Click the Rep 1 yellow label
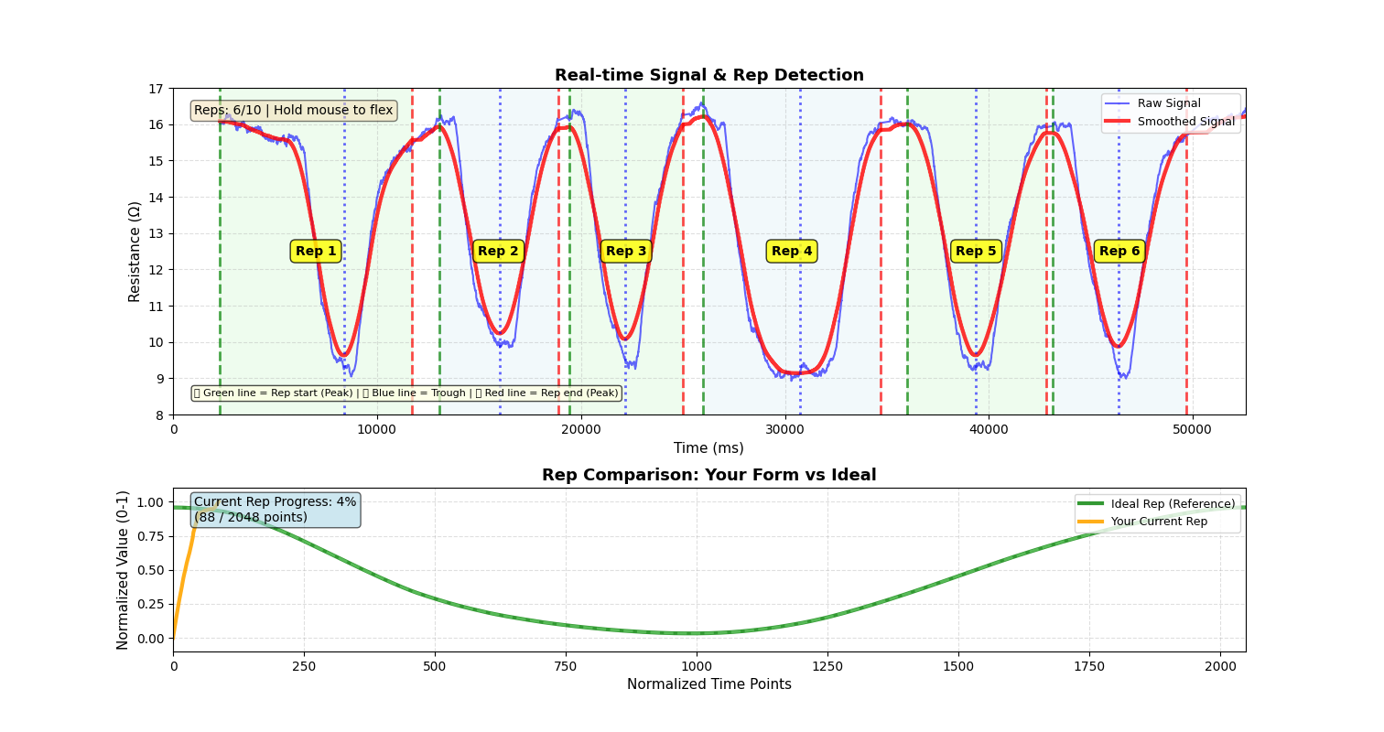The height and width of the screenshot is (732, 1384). (x=316, y=252)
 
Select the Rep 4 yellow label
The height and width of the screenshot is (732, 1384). (x=792, y=252)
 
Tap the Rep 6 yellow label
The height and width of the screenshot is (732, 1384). (x=1119, y=252)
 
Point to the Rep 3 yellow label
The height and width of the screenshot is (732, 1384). (x=626, y=252)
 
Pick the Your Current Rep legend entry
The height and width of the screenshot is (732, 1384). (x=1159, y=522)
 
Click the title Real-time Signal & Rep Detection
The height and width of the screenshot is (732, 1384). (x=708, y=76)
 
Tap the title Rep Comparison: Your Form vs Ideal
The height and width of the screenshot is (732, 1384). (x=708, y=476)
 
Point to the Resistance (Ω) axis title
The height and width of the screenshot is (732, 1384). (x=135, y=252)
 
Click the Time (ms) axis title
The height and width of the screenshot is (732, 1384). (x=708, y=448)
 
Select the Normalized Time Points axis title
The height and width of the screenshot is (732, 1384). (x=708, y=684)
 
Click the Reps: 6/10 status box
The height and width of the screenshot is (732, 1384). (x=293, y=111)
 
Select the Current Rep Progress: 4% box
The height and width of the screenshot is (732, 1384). (x=275, y=510)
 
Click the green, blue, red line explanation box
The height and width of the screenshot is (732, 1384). (x=406, y=393)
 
